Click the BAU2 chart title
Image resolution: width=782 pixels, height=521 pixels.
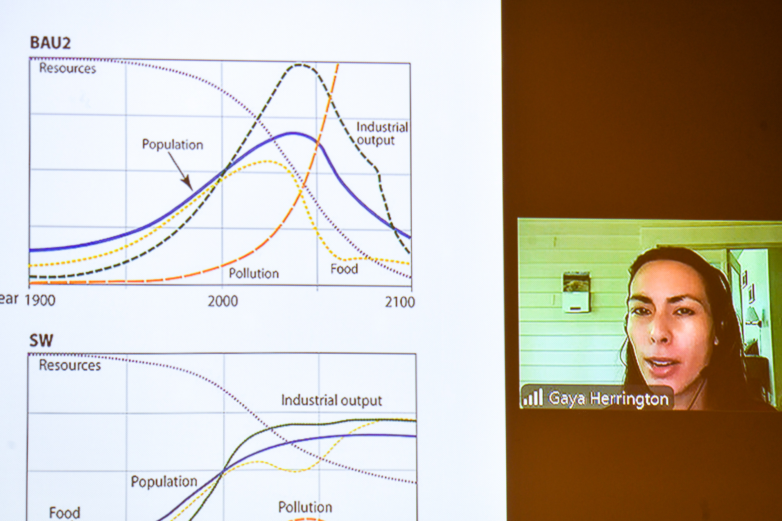coord(50,43)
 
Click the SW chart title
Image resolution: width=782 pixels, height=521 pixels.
coord(41,340)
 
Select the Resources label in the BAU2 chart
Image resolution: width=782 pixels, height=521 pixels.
coord(68,68)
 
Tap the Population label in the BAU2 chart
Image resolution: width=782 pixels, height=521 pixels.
coord(172,145)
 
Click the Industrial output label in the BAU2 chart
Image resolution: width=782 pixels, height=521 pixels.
coord(382,134)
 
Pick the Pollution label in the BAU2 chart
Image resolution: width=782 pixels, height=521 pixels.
coord(254,273)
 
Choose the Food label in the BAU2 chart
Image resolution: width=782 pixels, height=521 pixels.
coord(344,269)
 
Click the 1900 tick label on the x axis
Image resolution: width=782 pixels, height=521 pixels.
coord(40,300)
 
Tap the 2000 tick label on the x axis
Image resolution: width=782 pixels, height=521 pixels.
coord(222,301)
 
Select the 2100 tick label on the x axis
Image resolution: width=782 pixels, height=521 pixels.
coord(400,302)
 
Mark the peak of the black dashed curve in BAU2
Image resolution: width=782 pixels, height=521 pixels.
coord(300,65)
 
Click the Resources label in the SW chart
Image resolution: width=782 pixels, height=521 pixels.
coord(70,365)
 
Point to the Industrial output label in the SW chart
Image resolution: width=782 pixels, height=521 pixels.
coord(332,401)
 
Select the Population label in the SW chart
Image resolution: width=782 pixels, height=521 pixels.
coord(164,482)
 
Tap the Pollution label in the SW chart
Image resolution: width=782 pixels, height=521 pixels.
coord(305,507)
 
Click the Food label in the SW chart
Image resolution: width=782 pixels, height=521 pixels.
coord(65,513)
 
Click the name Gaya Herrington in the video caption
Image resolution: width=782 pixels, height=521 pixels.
coord(608,399)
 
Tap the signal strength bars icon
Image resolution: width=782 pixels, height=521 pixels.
coord(533,397)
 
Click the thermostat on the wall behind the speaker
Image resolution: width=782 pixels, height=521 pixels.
coord(576,292)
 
